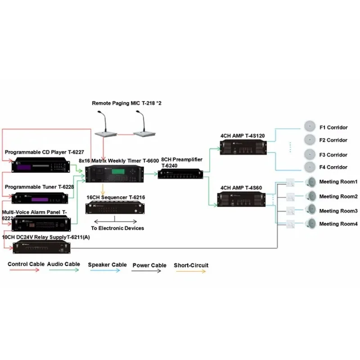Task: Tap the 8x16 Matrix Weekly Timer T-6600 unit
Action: [115, 173]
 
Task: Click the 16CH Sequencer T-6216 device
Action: [115, 209]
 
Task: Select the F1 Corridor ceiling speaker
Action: [310, 126]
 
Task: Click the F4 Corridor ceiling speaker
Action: [310, 167]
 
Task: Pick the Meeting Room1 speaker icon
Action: [310, 182]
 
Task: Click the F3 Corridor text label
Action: [333, 155]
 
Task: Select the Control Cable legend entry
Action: [24, 265]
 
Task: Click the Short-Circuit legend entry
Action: [191, 265]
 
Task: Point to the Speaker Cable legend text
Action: [107, 265]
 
